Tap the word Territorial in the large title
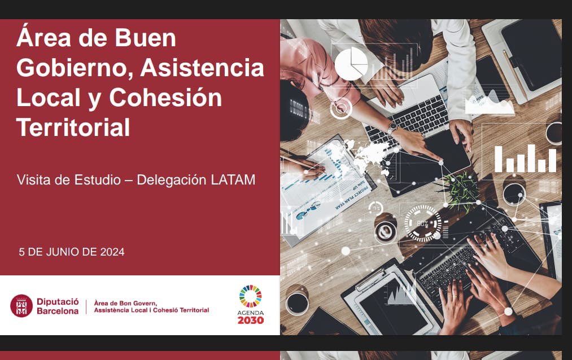point(73,127)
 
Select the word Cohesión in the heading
point(165,97)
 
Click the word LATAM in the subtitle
point(233,180)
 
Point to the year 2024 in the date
point(112,252)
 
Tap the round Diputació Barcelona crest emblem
point(21,306)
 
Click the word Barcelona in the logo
point(58,311)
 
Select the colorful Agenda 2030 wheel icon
point(250,296)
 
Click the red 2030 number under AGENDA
point(250,321)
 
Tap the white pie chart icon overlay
point(351,63)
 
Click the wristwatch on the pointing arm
point(392,128)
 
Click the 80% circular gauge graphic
point(422,223)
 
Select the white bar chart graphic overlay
point(525,159)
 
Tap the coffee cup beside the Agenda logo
point(296,302)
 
